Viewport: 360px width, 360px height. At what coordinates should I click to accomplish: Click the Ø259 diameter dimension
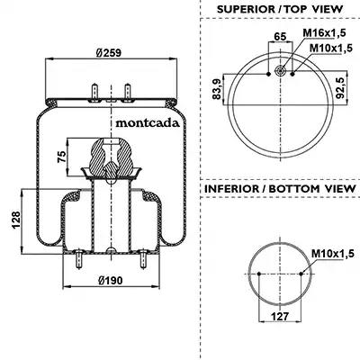pos(109,53)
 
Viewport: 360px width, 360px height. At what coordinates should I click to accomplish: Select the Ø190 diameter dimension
pos(111,281)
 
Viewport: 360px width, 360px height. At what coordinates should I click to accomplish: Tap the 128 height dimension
pos(15,220)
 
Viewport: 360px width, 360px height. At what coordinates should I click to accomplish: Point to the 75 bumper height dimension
pos(61,157)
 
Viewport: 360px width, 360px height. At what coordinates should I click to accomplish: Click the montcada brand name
pos(148,123)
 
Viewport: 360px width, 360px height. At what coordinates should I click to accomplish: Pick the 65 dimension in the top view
pos(280,36)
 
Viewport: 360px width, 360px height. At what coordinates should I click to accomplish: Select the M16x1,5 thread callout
pos(324,32)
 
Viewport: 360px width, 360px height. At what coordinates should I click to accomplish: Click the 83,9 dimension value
pos(217,89)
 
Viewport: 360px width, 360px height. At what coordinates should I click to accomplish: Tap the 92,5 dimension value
pos(340,87)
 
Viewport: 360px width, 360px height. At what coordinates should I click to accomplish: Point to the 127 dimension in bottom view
pos(280,316)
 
